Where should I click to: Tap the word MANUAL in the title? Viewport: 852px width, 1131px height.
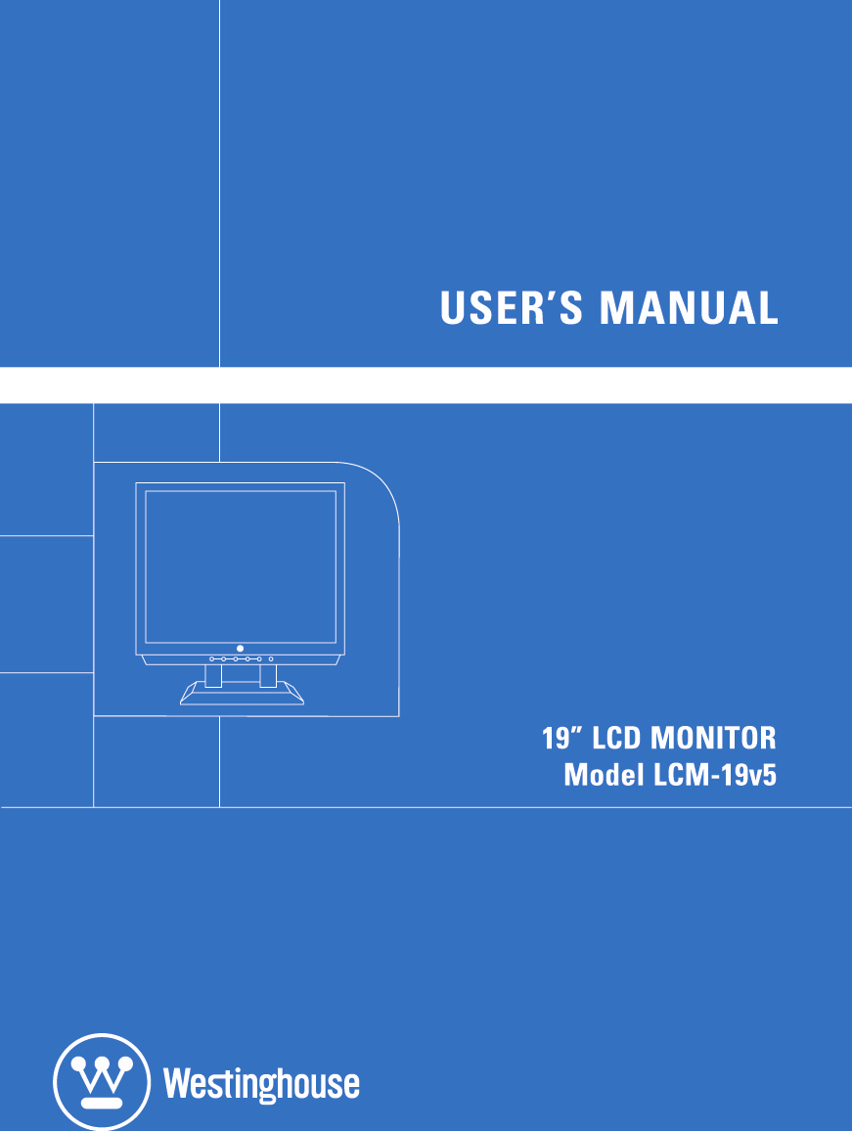click(x=689, y=307)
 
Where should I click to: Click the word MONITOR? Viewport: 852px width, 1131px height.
click(x=714, y=737)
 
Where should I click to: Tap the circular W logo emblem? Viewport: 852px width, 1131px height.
click(x=102, y=1082)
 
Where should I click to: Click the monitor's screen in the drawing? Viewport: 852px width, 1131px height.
click(x=241, y=565)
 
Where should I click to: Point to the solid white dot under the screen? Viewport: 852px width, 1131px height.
click(x=240, y=648)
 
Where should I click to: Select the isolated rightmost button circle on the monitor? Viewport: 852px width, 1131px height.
click(x=271, y=658)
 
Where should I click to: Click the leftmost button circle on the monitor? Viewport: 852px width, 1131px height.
click(x=212, y=658)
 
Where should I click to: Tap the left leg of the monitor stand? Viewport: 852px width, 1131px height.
click(x=213, y=674)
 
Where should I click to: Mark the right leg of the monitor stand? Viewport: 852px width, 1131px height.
click(x=268, y=674)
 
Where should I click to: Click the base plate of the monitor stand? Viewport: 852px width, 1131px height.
click(x=242, y=696)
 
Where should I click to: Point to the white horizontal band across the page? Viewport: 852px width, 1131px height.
click(x=426, y=385)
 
